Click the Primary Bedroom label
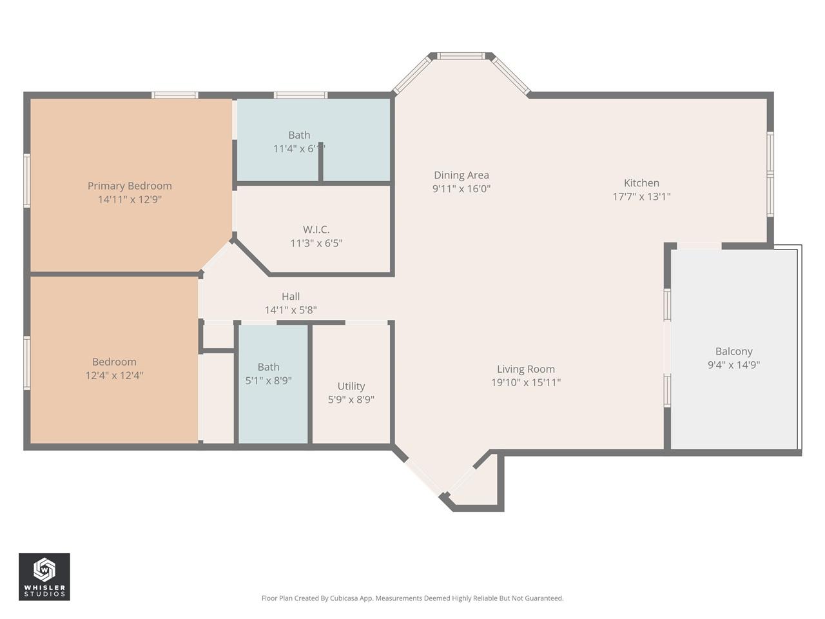130,186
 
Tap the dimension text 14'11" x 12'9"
130,200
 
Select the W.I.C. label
316,230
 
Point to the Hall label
290,297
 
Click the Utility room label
351,386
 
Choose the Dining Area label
461,175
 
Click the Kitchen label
641,183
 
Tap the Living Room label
525,369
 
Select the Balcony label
733,351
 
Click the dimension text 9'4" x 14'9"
733,365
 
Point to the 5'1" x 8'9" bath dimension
268,381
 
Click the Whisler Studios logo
44,576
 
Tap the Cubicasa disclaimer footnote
412,598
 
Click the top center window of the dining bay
461,56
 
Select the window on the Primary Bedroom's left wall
27,181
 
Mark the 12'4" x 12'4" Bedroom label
114,362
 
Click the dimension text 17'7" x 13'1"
641,197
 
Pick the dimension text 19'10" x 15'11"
525,382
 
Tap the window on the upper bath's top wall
300,95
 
